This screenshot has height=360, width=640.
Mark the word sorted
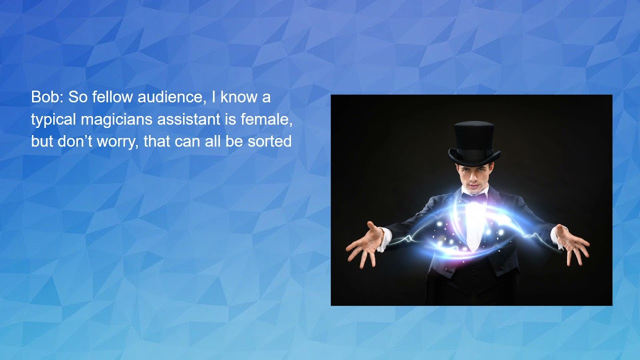[x=269, y=141]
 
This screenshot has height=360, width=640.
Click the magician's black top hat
[x=474, y=140]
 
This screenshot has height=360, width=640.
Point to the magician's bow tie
[x=473, y=197]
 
